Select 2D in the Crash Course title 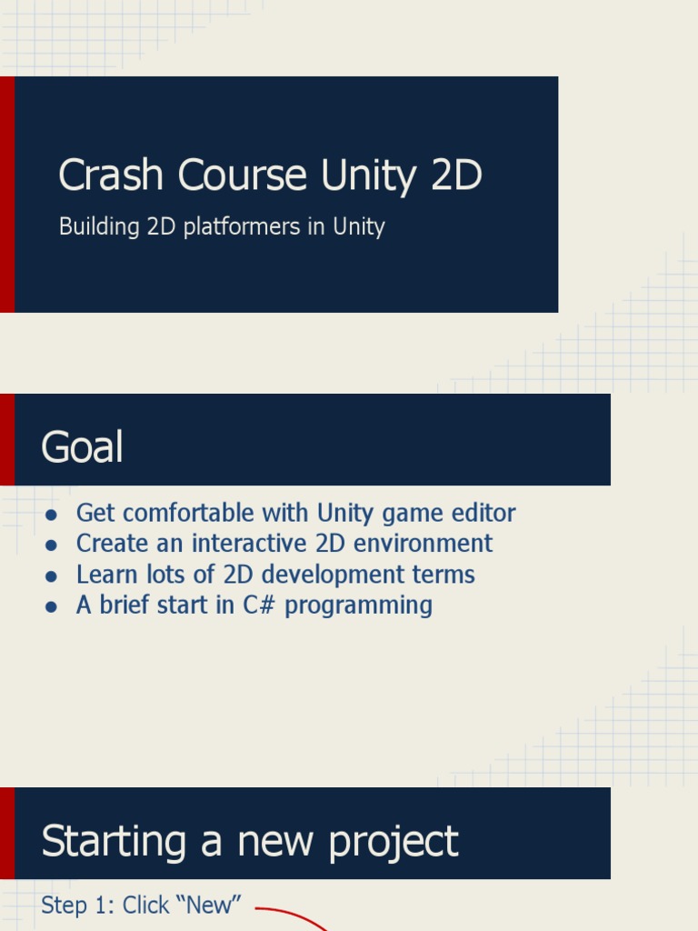(456, 175)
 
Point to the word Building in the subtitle (98, 226)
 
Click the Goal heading (82, 447)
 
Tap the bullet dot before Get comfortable (52, 515)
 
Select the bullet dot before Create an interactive (52, 546)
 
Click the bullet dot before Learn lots (52, 576)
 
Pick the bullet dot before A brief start (52, 607)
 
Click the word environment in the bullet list (427, 544)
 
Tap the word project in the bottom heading (394, 842)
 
